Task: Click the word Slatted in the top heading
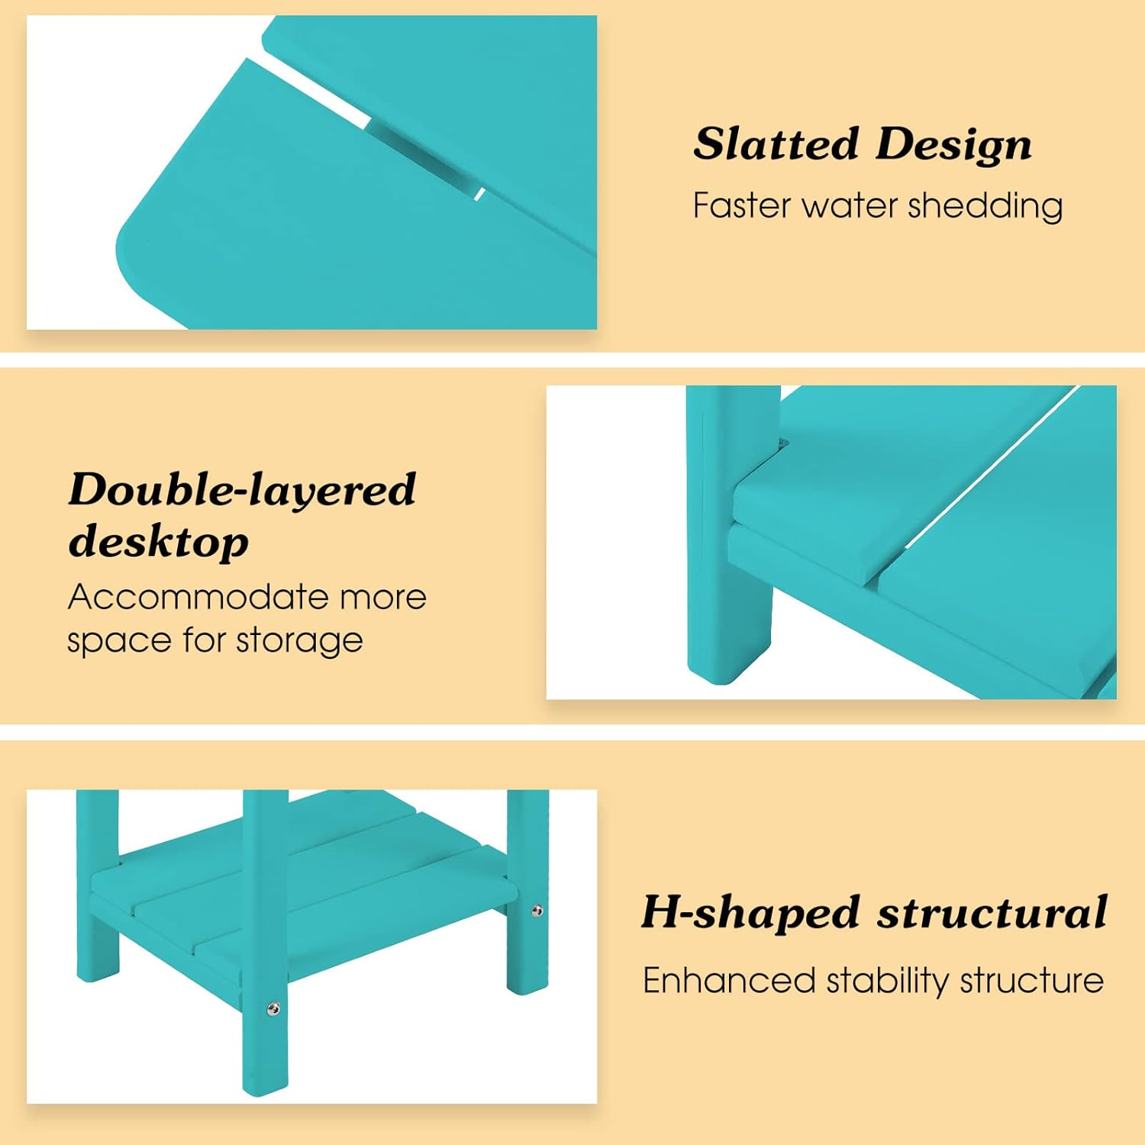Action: pyautogui.click(x=776, y=144)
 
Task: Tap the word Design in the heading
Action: pyautogui.click(x=954, y=145)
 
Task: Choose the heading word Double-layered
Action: pyautogui.click(x=243, y=490)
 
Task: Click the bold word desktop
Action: pyautogui.click(x=159, y=543)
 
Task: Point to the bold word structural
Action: pyautogui.click(x=992, y=912)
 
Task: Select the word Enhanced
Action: pyautogui.click(x=729, y=980)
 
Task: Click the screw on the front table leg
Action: pyautogui.click(x=273, y=1010)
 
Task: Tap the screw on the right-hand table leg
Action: pyautogui.click(x=537, y=911)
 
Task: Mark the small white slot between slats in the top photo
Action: pyautogui.click(x=479, y=194)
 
